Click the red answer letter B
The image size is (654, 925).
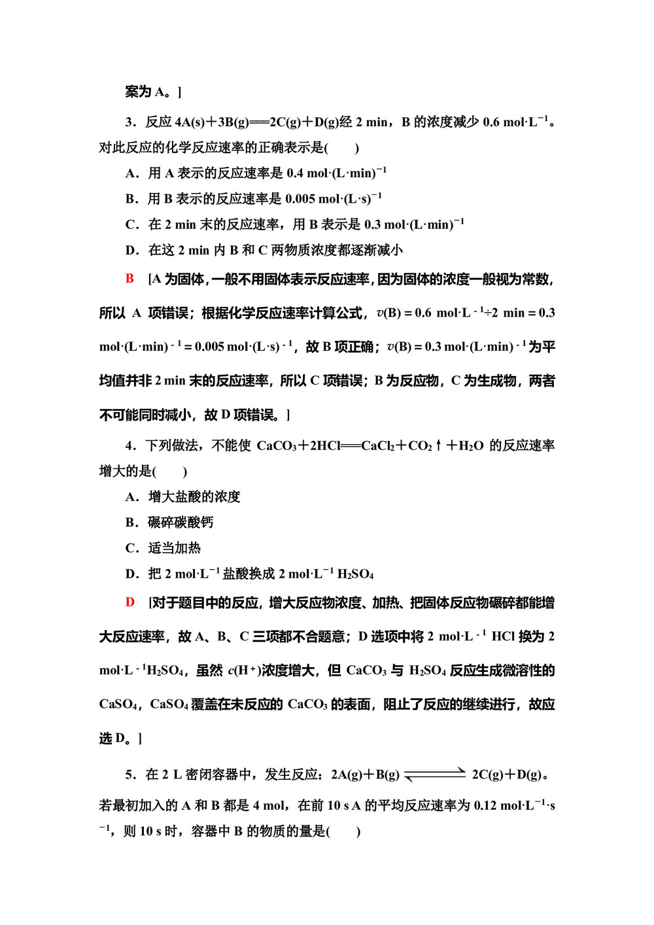click(129, 279)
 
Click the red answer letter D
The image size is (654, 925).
click(129, 602)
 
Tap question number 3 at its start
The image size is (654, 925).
click(130, 122)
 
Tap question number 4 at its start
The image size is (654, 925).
click(130, 446)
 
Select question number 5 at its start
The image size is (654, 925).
click(130, 775)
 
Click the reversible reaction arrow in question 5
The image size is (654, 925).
click(435, 775)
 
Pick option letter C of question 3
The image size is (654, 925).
click(130, 225)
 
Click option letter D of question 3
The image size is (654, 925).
click(130, 251)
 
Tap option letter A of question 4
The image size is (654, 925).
click(130, 497)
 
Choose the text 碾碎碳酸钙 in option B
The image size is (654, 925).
click(181, 523)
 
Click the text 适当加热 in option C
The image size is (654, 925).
click(174, 548)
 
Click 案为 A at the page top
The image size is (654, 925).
click(146, 92)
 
